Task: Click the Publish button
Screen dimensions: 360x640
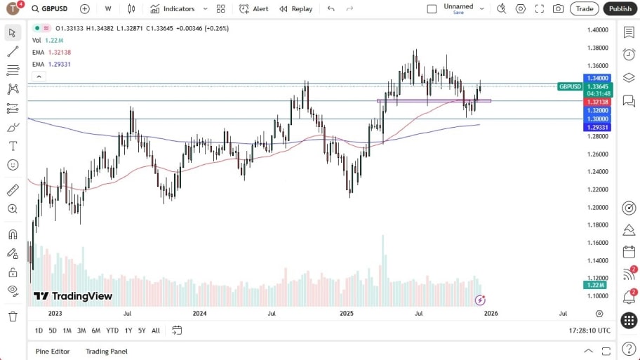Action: pos(620,8)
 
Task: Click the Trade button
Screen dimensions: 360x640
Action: pos(584,8)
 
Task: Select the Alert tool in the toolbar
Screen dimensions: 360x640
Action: pos(253,8)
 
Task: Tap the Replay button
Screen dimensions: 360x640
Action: pos(295,8)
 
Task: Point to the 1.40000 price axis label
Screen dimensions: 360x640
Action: pos(598,30)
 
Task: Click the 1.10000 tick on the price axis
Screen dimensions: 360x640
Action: pos(598,295)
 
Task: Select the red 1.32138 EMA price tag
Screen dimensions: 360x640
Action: pos(598,102)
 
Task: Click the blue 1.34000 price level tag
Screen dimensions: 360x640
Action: pos(598,78)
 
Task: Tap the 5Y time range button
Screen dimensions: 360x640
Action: pos(142,331)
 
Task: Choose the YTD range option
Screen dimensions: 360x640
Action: pos(112,331)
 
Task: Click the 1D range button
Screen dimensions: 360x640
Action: pos(39,331)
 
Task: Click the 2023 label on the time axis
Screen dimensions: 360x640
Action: pos(55,313)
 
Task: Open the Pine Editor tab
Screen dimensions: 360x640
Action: pos(53,351)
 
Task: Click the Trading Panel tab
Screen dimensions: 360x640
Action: pos(106,351)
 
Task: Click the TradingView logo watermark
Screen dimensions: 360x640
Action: pos(73,296)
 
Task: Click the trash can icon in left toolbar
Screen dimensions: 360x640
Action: pos(13,316)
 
